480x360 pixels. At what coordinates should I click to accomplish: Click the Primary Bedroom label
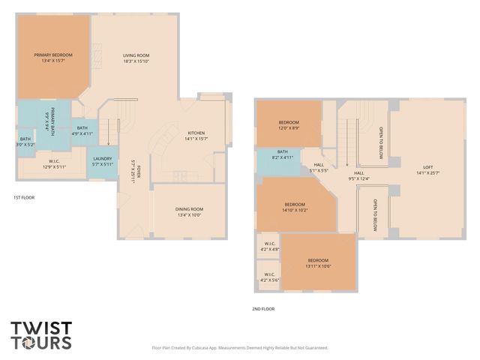[53, 58]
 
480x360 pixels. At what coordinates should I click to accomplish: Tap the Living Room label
[136, 58]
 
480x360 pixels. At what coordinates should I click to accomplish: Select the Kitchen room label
[196, 136]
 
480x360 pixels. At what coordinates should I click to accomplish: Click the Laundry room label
[102, 161]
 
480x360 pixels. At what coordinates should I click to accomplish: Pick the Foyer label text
[134, 173]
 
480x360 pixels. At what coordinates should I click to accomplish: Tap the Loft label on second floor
[428, 170]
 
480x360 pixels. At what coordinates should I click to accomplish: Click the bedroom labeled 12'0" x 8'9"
[289, 125]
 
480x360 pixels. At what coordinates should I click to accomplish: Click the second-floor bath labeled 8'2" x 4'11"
[282, 156]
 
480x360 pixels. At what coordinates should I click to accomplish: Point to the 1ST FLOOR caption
[24, 197]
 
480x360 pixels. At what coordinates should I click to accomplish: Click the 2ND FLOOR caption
[263, 308]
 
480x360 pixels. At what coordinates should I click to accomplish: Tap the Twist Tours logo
[41, 335]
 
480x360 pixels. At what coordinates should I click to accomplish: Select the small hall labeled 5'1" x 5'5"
[319, 168]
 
